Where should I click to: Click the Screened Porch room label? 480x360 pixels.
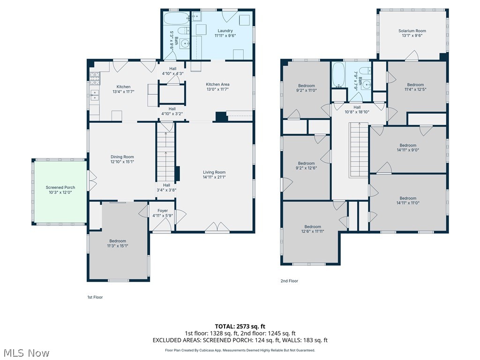click(x=60, y=187)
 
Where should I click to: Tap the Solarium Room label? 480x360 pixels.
click(x=412, y=31)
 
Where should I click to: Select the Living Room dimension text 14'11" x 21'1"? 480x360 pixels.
click(x=214, y=177)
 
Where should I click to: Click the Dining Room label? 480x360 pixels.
click(x=122, y=157)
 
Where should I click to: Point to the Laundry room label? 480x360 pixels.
click(x=225, y=31)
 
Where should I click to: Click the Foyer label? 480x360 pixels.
click(x=163, y=211)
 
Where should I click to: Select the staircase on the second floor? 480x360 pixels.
click(x=360, y=150)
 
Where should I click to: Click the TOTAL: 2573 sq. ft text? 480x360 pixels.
click(x=240, y=326)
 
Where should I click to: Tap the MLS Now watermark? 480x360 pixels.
click(x=26, y=352)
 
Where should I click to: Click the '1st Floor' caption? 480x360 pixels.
click(x=95, y=297)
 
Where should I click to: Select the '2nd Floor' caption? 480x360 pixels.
click(x=289, y=281)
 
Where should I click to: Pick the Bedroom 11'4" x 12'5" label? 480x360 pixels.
click(x=415, y=85)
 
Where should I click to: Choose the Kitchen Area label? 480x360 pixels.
click(x=217, y=84)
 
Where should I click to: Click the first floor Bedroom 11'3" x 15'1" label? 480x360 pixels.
click(x=117, y=241)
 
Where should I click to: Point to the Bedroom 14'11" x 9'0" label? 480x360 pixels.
click(x=407, y=145)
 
